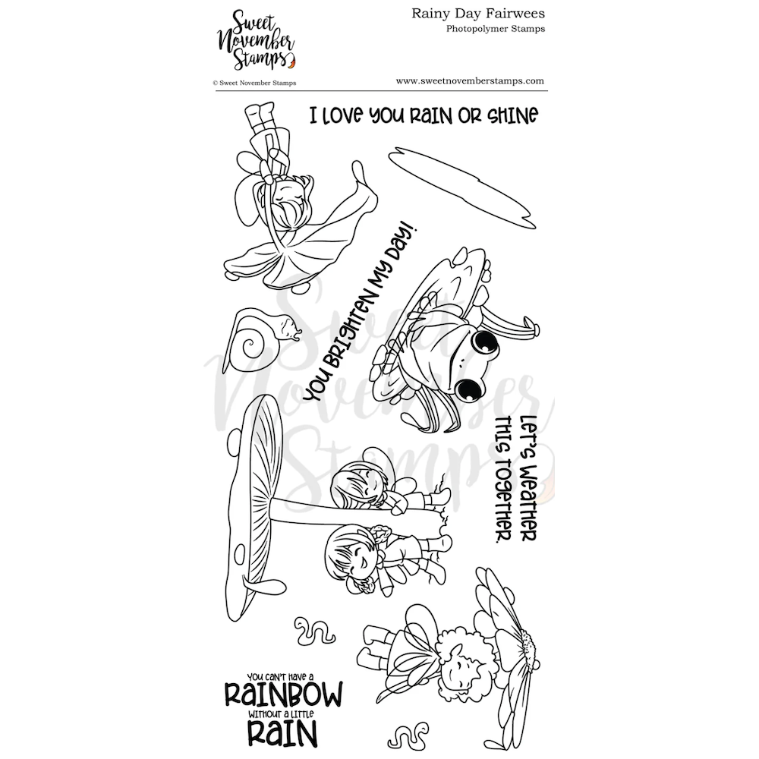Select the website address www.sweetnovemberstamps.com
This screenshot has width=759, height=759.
click(x=470, y=80)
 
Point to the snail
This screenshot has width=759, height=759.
click(x=261, y=336)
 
